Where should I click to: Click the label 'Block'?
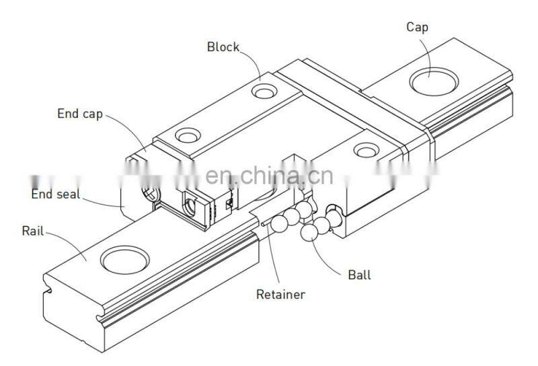(x=222, y=47)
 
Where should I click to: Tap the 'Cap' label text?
(x=417, y=27)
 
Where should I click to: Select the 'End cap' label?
(x=79, y=114)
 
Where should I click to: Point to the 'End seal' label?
(x=55, y=194)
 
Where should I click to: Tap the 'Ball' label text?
(x=359, y=274)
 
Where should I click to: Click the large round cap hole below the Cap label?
(x=433, y=82)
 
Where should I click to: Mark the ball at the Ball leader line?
(x=310, y=232)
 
